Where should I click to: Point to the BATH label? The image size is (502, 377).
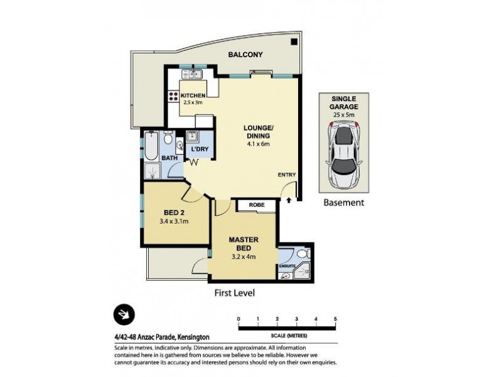(169, 158)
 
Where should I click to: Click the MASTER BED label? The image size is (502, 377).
(244, 243)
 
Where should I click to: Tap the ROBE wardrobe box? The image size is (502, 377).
(257, 205)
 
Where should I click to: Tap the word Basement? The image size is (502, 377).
(343, 203)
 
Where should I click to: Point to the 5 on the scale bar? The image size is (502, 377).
(336, 319)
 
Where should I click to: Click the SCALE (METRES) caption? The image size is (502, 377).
(287, 334)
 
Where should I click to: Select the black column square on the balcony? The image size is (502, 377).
(294, 43)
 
